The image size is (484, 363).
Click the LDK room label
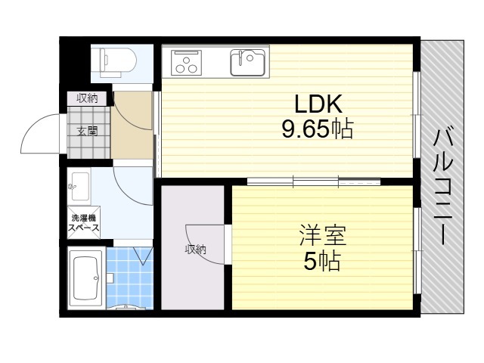(318, 104)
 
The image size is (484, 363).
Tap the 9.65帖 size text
(318, 129)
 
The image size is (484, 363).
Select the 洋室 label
(323, 235)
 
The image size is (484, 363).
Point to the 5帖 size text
(322, 261)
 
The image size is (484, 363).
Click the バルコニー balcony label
(442, 187)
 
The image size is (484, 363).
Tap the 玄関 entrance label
(88, 131)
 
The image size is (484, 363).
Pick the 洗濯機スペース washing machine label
(84, 223)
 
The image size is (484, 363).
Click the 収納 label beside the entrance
(88, 98)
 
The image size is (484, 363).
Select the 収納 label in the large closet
(196, 249)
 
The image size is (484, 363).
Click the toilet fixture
(118, 62)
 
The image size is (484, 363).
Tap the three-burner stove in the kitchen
(186, 62)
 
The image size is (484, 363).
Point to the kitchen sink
(247, 63)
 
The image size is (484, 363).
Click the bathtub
(85, 278)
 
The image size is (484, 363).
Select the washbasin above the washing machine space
(80, 186)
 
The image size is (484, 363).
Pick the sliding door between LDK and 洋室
(314, 181)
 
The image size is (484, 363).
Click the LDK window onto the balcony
(417, 115)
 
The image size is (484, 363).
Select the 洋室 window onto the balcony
(417, 250)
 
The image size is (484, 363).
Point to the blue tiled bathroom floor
(129, 278)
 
